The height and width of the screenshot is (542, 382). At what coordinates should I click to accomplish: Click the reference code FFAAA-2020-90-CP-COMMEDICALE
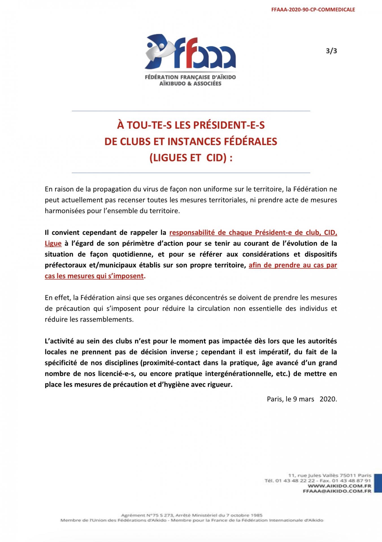tap(313, 10)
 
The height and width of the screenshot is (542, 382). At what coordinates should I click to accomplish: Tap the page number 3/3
tap(331, 51)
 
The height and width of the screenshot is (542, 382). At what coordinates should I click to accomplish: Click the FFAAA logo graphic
tap(190, 53)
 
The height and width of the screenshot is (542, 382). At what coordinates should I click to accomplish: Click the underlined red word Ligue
tap(53, 243)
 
